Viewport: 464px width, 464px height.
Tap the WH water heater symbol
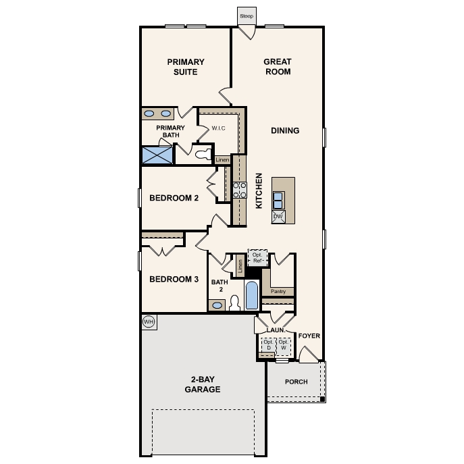(x=149, y=321)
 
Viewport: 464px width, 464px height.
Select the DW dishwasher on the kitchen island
(x=278, y=217)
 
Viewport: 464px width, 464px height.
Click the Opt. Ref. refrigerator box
(x=257, y=257)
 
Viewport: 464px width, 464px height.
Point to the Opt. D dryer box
(x=267, y=346)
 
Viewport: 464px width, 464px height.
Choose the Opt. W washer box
(x=284, y=346)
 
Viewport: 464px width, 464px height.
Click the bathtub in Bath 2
(x=251, y=295)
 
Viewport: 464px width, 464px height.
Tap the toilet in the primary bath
(x=200, y=155)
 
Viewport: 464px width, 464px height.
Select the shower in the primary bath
(x=157, y=155)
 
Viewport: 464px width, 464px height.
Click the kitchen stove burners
(x=240, y=190)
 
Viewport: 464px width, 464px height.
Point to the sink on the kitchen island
(x=278, y=201)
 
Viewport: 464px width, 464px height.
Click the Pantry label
(x=278, y=292)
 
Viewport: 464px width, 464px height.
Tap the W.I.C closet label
(x=218, y=128)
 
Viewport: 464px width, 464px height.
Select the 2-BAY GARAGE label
(x=203, y=384)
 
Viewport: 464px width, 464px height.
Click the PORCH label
(x=296, y=382)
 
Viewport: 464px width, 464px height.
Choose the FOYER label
(x=309, y=336)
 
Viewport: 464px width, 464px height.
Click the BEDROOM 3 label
(x=174, y=279)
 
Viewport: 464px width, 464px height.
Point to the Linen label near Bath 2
(x=240, y=266)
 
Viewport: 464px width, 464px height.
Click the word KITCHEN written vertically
(x=258, y=190)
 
